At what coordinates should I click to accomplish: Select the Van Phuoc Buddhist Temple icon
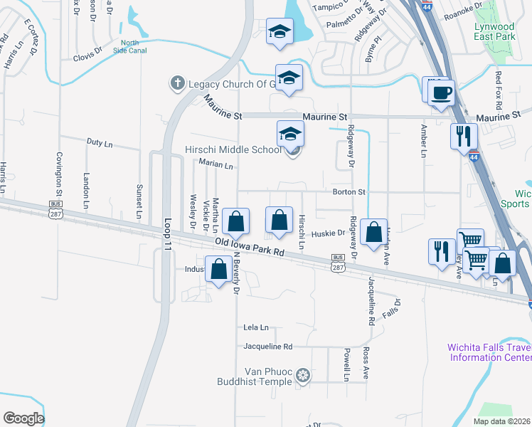point(304,375)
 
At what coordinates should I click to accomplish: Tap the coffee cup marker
point(442,93)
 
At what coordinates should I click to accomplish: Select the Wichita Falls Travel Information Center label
point(489,352)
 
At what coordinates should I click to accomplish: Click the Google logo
point(23,418)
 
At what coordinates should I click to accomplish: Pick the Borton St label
point(349,192)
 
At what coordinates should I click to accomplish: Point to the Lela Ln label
point(256,327)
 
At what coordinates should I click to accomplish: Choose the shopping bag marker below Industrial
point(219,270)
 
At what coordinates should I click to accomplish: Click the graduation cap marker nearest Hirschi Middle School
point(290,135)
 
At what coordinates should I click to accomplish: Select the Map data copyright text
point(502,421)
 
